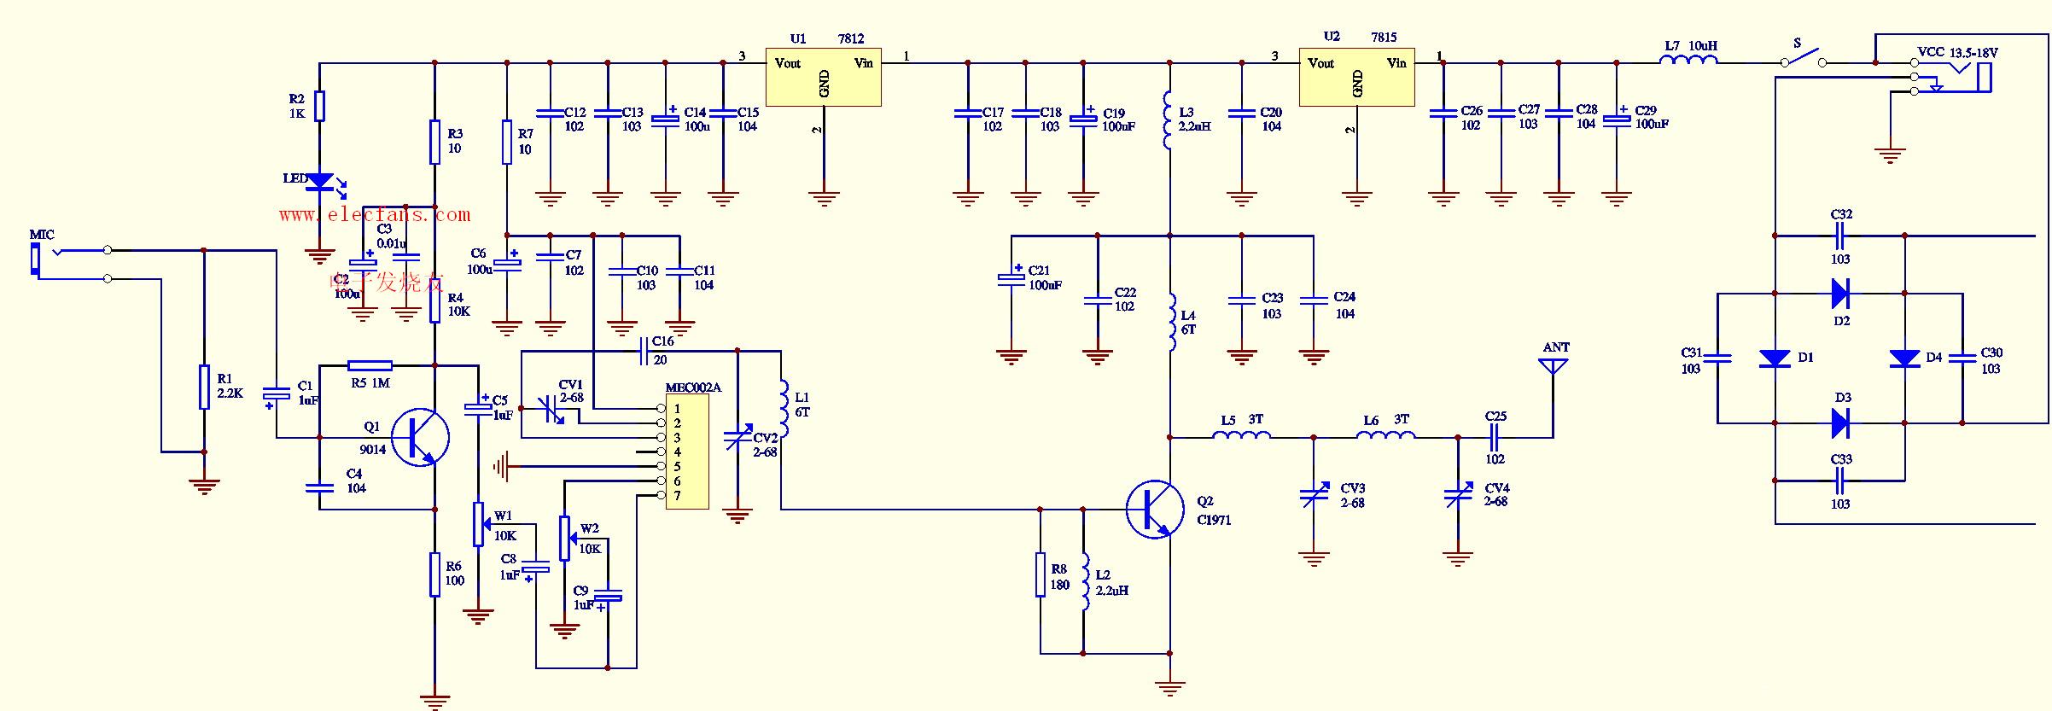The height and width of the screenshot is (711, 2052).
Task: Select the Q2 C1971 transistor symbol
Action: (1154, 510)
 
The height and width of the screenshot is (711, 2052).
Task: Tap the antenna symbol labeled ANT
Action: (1553, 366)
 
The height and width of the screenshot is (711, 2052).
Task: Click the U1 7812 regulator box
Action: (823, 78)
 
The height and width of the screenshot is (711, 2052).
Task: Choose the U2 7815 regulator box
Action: (1356, 77)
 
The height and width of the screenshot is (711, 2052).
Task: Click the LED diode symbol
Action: (320, 181)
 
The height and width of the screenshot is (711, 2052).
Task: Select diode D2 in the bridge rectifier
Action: (1840, 294)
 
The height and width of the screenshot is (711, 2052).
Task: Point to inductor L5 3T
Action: (1242, 436)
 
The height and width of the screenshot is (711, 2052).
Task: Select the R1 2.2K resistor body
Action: (204, 387)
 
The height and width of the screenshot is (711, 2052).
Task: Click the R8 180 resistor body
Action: (1041, 574)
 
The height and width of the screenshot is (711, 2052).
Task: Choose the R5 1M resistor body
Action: (370, 365)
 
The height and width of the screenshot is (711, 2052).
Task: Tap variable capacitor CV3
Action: (1314, 495)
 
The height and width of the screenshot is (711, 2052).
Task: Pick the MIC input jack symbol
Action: (36, 259)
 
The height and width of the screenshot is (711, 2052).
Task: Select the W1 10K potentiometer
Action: (479, 524)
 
